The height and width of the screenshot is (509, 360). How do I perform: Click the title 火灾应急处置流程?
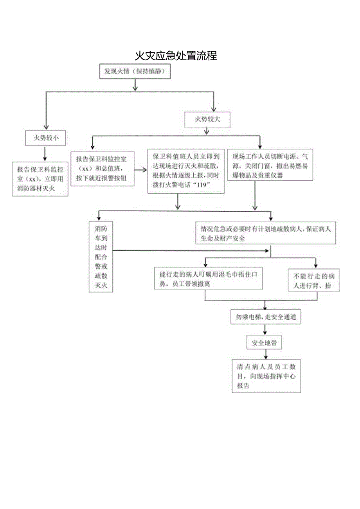point(176,56)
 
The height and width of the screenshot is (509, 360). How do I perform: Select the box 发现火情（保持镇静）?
point(134,72)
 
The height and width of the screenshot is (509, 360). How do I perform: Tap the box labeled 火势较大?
point(207,120)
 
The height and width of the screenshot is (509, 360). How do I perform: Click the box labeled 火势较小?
point(45,138)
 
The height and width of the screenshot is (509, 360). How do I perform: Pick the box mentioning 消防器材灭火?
point(40,179)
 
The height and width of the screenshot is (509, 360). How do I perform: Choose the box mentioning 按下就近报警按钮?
point(102,169)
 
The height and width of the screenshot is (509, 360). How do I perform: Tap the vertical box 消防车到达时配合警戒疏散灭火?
point(101,257)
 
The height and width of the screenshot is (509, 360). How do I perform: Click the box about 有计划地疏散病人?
point(266,233)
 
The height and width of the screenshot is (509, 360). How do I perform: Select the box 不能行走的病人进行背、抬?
point(313,280)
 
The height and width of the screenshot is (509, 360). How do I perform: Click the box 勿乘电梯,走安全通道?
point(265,318)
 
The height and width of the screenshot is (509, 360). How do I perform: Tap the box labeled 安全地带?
point(264,343)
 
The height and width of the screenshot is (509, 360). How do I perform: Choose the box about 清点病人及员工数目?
point(266,376)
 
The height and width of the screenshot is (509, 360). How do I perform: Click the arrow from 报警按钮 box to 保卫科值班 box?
point(140,170)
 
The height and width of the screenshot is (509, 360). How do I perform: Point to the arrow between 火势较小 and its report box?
point(45,154)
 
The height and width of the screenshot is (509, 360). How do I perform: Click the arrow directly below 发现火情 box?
point(135,84)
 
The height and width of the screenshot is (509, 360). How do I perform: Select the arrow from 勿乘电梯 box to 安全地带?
point(265,330)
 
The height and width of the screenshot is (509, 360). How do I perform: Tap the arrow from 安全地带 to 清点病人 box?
point(266,354)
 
